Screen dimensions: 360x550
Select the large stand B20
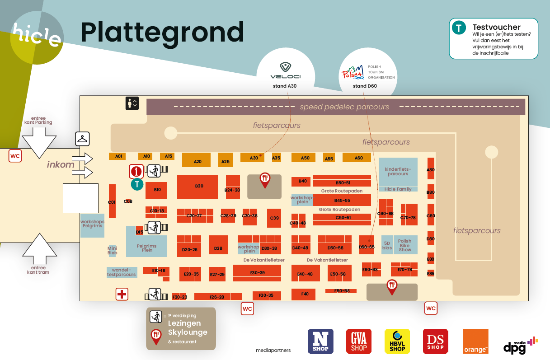[197, 186]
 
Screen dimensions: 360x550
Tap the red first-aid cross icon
[122, 295]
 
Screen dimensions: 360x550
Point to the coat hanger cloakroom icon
[82, 139]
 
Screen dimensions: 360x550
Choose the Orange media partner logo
[475, 341]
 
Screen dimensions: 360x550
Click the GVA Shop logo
[359, 341]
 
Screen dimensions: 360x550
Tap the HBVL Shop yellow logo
[397, 341]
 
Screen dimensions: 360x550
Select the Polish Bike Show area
[405, 245]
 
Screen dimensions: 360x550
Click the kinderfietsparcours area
[398, 172]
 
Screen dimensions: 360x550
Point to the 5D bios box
[387, 245]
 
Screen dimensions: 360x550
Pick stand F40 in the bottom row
[305, 294]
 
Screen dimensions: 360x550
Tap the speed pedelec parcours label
[344, 107]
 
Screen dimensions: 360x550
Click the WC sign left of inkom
[15, 156]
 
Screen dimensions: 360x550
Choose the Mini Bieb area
[112, 250]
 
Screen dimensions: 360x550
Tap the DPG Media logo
[520, 344]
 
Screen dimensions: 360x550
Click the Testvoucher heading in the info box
[496, 27]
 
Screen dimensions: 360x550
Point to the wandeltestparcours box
[122, 272]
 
